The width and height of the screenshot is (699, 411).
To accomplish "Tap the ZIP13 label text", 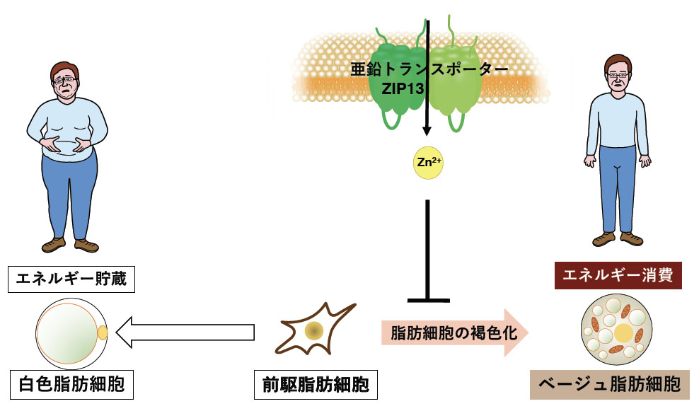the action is (x=403, y=88).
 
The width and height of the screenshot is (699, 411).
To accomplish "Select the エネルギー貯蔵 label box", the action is (x=71, y=279).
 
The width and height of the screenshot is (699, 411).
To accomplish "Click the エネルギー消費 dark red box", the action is (x=618, y=275).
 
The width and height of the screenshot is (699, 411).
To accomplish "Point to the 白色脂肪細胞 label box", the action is (x=71, y=384).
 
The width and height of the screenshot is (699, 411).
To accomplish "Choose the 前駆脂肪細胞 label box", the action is (x=316, y=384).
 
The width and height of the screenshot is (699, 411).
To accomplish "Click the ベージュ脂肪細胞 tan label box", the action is (x=609, y=384).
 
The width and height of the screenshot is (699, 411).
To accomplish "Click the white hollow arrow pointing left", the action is (x=185, y=332).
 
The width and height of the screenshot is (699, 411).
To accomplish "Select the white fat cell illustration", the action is (x=71, y=332).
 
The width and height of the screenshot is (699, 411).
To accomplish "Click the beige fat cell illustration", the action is (x=616, y=329).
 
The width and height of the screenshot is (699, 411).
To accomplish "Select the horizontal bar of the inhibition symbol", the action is (x=429, y=301).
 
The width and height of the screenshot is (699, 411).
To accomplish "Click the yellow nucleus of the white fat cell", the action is (x=103, y=332).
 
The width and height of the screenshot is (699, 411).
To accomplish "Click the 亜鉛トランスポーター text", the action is (x=429, y=69).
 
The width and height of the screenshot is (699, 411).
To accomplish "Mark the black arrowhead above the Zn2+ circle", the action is (x=427, y=131).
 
